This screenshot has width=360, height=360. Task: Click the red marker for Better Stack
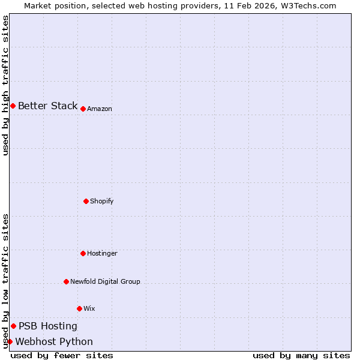[x=13, y=106]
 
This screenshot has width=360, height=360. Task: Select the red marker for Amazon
[x=83, y=109]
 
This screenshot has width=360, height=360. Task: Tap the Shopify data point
[x=86, y=201]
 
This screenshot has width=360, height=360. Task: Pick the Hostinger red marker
[x=83, y=253]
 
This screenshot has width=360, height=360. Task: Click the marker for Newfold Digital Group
[x=66, y=281]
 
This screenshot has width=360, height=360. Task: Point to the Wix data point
[x=79, y=308]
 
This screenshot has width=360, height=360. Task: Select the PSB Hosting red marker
[x=13, y=326]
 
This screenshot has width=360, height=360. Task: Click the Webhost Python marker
[x=10, y=342]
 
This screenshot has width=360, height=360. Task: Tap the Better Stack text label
[x=47, y=106]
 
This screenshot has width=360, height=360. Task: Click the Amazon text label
[x=100, y=109]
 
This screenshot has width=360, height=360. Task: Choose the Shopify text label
[x=102, y=202]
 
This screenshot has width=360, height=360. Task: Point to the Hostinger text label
[x=102, y=254]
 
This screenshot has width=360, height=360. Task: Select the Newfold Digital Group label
[x=105, y=282]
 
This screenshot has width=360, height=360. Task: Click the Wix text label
[x=89, y=309]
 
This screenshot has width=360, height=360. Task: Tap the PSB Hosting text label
[x=48, y=326]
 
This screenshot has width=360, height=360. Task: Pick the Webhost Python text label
[x=54, y=342]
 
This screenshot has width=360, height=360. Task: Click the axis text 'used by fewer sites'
[x=62, y=356]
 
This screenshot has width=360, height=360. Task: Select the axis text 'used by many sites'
[x=301, y=356]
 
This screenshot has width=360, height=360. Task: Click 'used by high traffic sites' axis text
[x=6, y=85]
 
